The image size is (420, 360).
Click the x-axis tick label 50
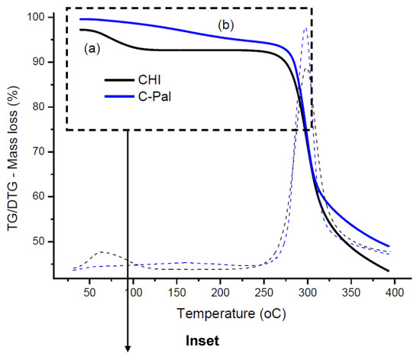tap(90, 292)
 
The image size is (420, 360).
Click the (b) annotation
tap(226, 25)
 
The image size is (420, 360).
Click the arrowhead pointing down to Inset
tap(128, 349)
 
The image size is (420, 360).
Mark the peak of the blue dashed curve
tap(306, 28)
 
